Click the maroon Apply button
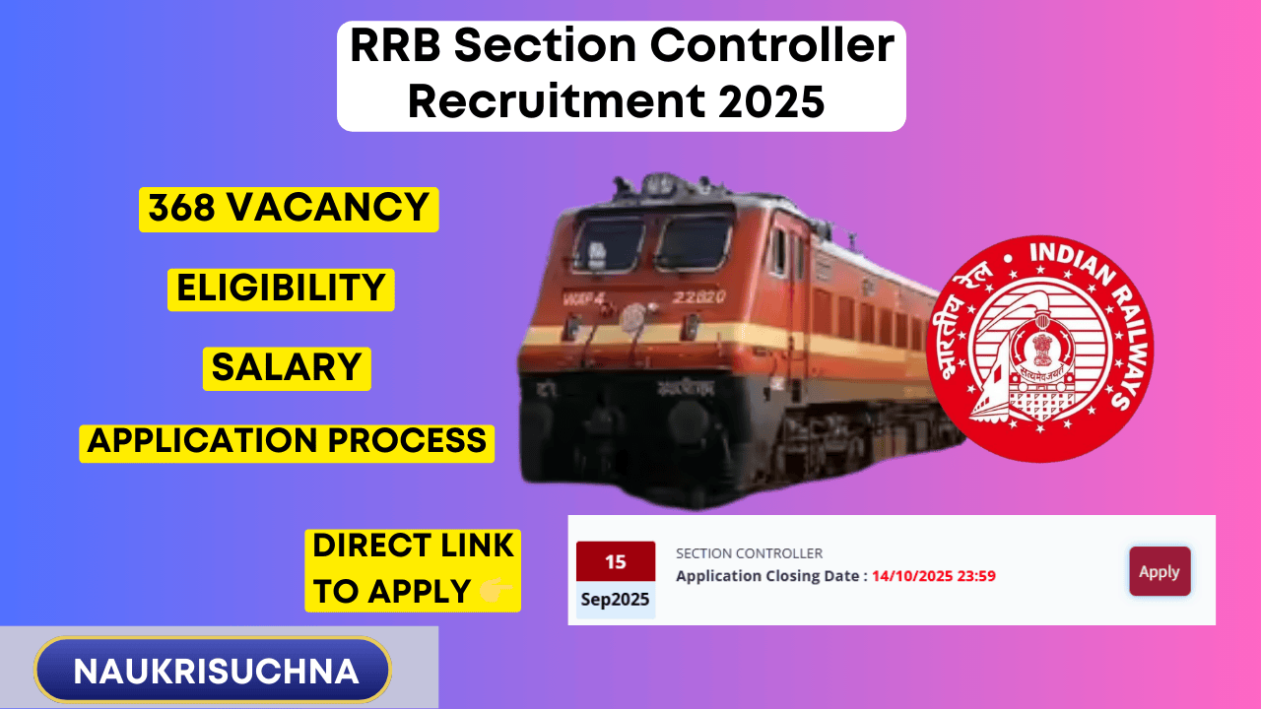pyautogui.click(x=1160, y=571)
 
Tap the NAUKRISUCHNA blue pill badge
pyautogui.click(x=213, y=670)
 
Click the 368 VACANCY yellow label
pyautogui.click(x=289, y=209)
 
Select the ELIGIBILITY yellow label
pyautogui.click(x=281, y=290)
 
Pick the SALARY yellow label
pyautogui.click(x=287, y=368)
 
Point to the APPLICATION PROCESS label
pyautogui.click(x=287, y=443)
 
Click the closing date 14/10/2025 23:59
pyautogui.click(x=934, y=576)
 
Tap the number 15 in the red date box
pyautogui.click(x=616, y=561)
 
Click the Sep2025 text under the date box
pyautogui.click(x=616, y=600)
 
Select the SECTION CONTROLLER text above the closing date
pyautogui.click(x=750, y=553)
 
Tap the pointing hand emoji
pyautogui.click(x=495, y=591)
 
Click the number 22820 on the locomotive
pyautogui.click(x=699, y=296)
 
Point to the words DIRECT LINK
pyautogui.click(x=413, y=546)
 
